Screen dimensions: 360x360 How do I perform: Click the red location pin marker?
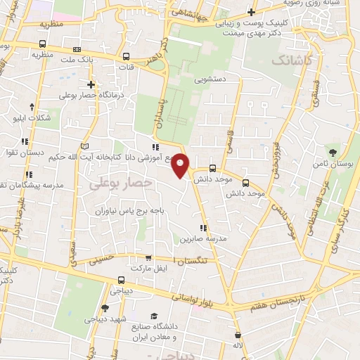click(181, 165)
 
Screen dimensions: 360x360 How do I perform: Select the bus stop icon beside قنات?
click(126, 57)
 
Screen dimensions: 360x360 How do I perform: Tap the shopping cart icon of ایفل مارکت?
click(134, 269)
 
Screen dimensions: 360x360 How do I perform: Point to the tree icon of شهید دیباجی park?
click(105, 307)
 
